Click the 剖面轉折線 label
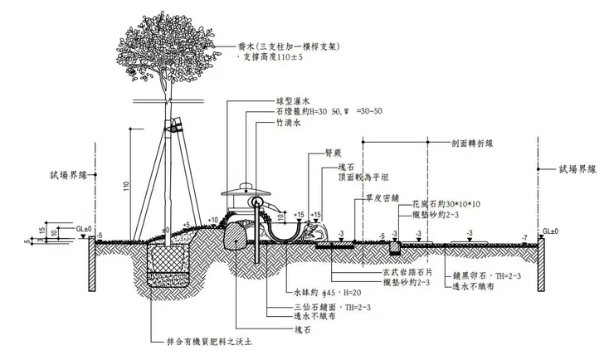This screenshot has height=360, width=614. coord(473,143)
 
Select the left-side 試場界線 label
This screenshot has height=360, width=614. coord(67,176)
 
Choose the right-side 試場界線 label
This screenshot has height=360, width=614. coord(577,168)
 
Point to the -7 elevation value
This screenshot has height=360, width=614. coord(524,236)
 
